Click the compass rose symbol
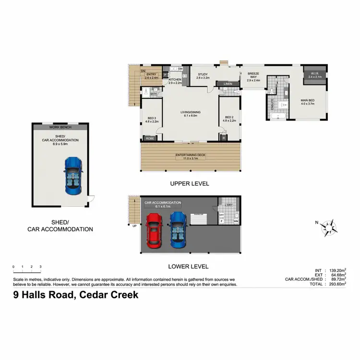click(x=329, y=227)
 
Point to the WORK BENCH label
click(x=60, y=127)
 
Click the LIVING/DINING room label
click(x=190, y=112)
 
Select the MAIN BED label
click(x=307, y=101)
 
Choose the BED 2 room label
click(x=229, y=118)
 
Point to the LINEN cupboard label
click(x=228, y=84)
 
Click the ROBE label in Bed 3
click(x=149, y=138)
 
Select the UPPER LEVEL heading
click(x=190, y=184)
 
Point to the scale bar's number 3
click(x=41, y=266)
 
